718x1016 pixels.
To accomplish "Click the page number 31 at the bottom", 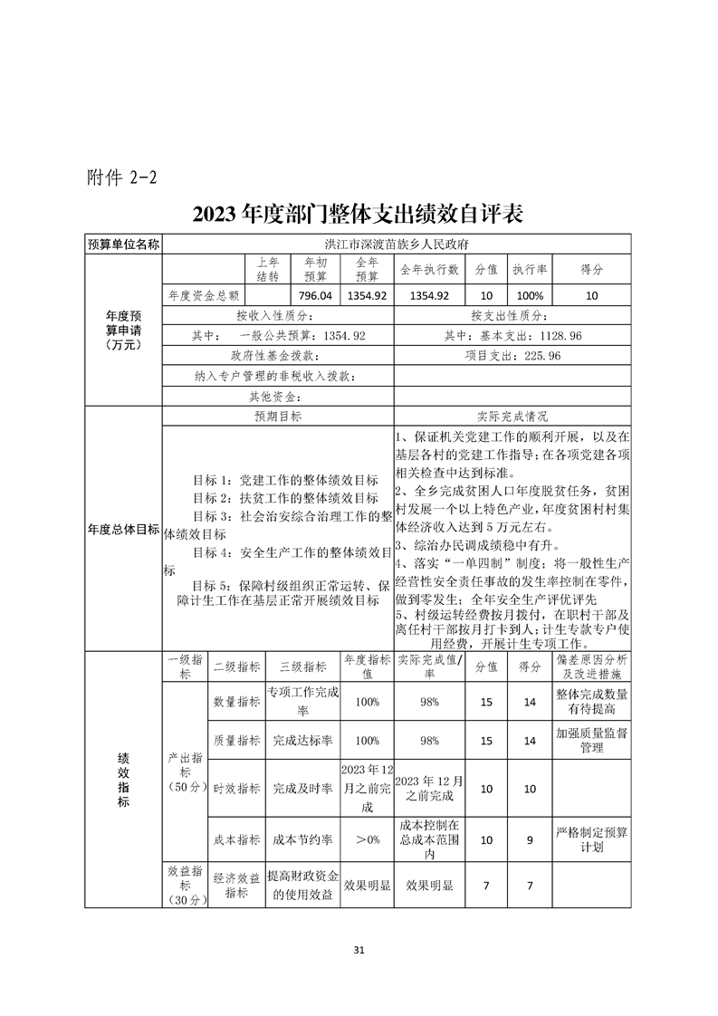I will point(359,950).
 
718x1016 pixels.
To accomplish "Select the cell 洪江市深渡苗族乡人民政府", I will point(396,244).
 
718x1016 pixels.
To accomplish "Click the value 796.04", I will point(315,295).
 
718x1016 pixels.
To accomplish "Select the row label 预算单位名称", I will point(123,244).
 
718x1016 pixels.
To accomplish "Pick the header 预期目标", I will point(278,417).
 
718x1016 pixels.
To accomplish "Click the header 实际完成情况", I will point(512,417).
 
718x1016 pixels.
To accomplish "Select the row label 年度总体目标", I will point(123,529).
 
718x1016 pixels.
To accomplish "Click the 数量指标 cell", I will point(236,701).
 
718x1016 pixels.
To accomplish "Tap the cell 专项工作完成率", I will point(303,701).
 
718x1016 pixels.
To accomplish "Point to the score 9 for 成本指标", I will point(530,840).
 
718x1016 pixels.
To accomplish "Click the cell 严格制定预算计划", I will point(591,840).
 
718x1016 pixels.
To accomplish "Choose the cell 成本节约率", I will point(303,840).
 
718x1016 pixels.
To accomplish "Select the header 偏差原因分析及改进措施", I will point(591,666).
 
